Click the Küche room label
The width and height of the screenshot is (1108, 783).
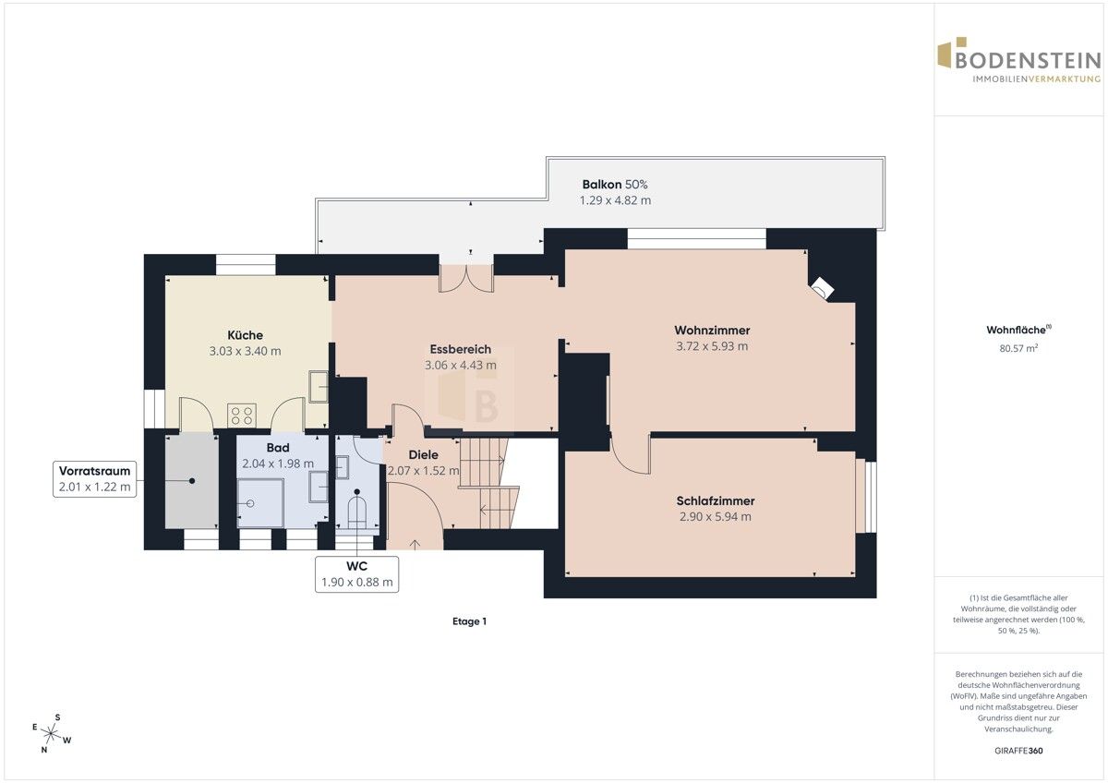point(245,335)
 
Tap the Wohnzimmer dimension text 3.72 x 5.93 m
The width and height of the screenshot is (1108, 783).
point(712,346)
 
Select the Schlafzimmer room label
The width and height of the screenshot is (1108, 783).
point(716,500)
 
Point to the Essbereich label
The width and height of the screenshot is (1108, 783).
point(461,349)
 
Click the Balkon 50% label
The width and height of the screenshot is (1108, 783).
point(615,185)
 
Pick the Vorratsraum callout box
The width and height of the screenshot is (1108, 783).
point(94,479)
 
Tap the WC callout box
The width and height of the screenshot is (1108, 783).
point(356,574)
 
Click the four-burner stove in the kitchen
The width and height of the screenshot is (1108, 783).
point(242,415)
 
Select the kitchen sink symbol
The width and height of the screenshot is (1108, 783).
point(319,386)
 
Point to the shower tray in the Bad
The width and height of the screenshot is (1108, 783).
point(260,503)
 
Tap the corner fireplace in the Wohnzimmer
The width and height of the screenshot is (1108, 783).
point(822,288)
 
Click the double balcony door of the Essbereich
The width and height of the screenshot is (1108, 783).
point(466,278)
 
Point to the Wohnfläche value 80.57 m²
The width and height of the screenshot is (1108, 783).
point(1018,348)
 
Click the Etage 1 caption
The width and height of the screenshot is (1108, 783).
point(469,621)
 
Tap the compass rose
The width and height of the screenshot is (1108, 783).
point(51,733)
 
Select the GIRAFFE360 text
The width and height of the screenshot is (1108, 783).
point(1018,751)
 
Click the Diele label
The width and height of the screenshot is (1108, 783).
point(424,454)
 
